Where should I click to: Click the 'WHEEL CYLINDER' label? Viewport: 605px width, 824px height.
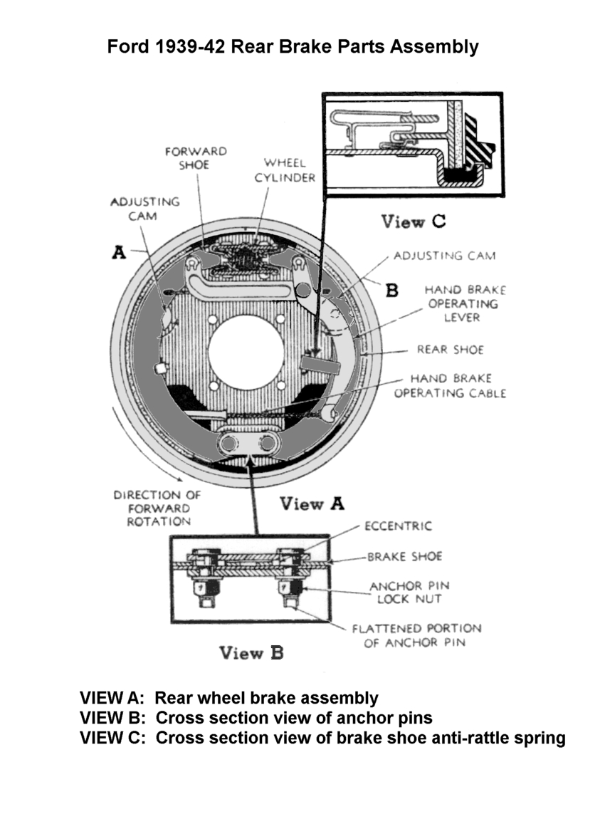pyautogui.click(x=285, y=171)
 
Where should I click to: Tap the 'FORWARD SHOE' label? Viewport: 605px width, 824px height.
pyautogui.click(x=195, y=158)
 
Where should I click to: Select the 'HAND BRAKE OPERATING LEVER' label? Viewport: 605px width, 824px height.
pyautogui.click(x=465, y=303)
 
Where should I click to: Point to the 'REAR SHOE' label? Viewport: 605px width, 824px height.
pyautogui.click(x=450, y=350)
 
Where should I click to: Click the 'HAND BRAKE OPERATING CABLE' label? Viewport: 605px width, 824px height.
pyautogui.click(x=450, y=386)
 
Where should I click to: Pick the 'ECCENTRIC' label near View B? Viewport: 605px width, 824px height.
pyautogui.click(x=398, y=526)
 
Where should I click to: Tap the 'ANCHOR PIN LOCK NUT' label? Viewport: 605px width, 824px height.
pyautogui.click(x=410, y=593)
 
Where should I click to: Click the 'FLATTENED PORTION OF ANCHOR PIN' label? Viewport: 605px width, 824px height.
pyautogui.click(x=416, y=635)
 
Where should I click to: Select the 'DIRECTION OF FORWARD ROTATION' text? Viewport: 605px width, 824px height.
pyautogui.click(x=157, y=509)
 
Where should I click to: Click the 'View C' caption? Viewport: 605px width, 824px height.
pyautogui.click(x=414, y=221)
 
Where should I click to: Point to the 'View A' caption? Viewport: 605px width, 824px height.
pyautogui.click(x=312, y=504)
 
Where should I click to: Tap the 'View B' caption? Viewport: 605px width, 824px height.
pyautogui.click(x=251, y=653)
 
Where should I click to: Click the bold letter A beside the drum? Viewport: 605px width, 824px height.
pyautogui.click(x=119, y=253)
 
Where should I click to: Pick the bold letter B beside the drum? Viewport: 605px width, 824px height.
pyautogui.click(x=391, y=290)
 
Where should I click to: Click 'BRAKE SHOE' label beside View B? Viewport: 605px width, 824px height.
pyautogui.click(x=404, y=556)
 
